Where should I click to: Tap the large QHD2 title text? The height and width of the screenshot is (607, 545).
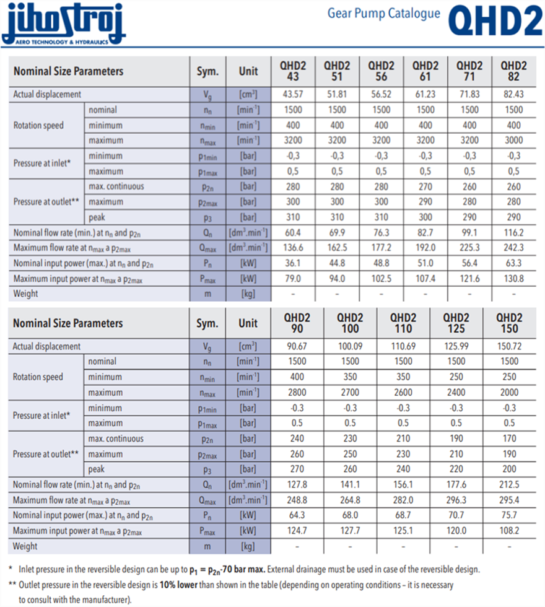tap(495, 22)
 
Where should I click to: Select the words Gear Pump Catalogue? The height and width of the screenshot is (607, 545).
tap(384, 13)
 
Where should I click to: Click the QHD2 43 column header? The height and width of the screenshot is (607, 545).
tap(293, 71)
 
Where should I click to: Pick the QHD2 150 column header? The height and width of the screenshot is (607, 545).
tap(509, 323)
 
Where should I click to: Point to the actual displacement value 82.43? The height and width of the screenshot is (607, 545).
tap(513, 94)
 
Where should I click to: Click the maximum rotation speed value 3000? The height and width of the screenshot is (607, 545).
tap(513, 140)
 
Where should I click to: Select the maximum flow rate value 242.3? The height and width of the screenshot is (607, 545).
tap(513, 248)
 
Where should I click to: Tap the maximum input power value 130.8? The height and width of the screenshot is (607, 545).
tap(513, 278)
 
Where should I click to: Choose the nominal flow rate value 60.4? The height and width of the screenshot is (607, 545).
tap(293, 232)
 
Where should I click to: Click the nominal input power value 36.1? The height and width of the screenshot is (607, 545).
tap(293, 263)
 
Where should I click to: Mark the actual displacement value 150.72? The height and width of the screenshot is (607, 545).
tap(509, 346)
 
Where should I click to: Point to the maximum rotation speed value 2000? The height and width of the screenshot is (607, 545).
tap(509, 392)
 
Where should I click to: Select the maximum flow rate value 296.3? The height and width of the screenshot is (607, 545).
tap(456, 500)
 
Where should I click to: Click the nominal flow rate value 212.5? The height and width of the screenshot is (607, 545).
tap(509, 484)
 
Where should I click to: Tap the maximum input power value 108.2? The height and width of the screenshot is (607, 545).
tap(509, 530)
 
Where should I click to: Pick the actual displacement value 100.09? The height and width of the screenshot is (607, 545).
tap(350, 346)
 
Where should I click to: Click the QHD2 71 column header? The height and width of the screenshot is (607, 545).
tap(469, 71)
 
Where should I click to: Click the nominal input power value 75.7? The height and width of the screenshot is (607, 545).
tap(509, 515)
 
